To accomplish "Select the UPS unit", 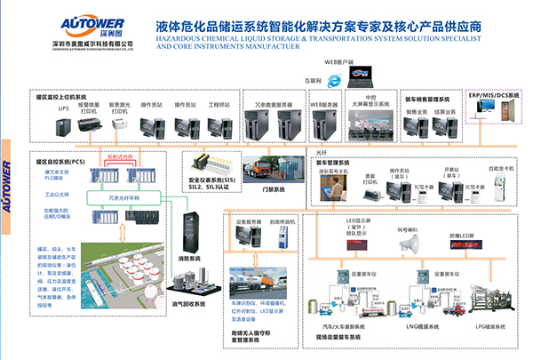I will (x=63, y=126).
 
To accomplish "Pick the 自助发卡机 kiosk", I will (x=502, y=189).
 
